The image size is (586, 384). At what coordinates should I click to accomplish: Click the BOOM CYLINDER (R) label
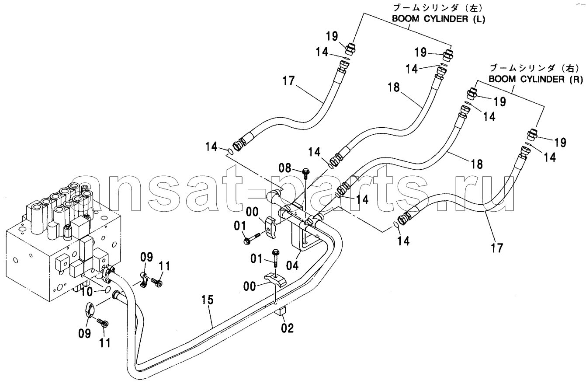coord(536,79)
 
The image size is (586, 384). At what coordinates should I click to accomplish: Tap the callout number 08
coord(284,168)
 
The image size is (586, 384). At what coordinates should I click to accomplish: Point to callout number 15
coord(207,300)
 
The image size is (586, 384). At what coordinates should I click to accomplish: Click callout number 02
coord(287,328)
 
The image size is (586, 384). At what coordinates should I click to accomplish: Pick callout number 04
coord(292,265)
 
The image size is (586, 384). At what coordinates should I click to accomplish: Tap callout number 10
coord(87,292)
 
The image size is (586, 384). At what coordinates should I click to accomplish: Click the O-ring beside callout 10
coord(108,290)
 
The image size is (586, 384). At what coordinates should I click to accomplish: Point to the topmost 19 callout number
coord(332,36)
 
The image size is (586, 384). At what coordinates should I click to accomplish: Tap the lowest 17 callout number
coord(497,248)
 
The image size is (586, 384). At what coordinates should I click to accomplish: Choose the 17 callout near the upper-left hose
coord(288,81)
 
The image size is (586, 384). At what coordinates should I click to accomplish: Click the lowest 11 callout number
coord(105,342)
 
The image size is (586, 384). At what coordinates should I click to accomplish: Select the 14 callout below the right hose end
coord(403,241)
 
